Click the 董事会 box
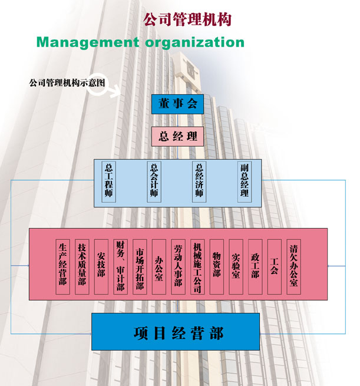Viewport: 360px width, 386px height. click(x=177, y=104)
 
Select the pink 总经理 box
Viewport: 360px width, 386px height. click(x=177, y=137)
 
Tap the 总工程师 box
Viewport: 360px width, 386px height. click(x=108, y=182)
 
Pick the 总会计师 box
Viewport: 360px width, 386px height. click(x=154, y=182)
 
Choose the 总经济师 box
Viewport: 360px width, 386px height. click(x=200, y=182)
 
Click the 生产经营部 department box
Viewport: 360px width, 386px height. click(x=63, y=266)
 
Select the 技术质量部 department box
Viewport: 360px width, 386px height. click(x=82, y=266)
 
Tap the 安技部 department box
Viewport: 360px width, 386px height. click(x=101, y=266)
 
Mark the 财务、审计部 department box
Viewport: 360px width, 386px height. click(x=120, y=266)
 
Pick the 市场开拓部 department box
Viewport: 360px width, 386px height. click(x=140, y=266)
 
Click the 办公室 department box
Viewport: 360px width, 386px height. click(x=158, y=266)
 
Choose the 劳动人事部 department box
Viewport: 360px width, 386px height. click(x=177, y=266)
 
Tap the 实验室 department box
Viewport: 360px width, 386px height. click(x=236, y=266)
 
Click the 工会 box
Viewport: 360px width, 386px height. click(x=274, y=266)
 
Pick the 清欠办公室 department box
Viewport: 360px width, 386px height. click(x=293, y=266)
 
